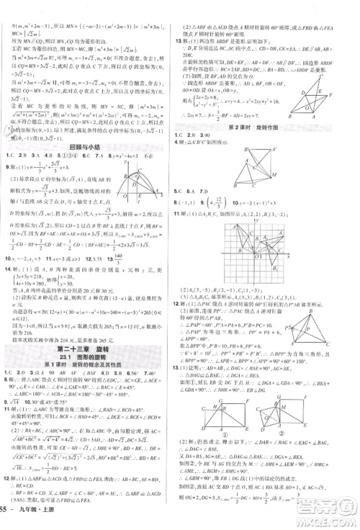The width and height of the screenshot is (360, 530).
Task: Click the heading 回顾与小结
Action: pyautogui.click(x=89, y=145)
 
